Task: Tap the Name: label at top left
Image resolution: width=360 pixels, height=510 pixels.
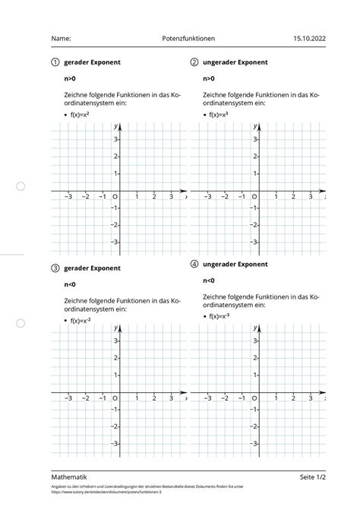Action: (62, 37)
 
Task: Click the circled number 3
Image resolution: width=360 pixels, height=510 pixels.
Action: (55, 268)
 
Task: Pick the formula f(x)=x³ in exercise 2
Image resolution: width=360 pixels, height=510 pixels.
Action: (219, 115)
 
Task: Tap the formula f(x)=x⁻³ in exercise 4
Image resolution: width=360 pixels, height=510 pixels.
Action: (220, 317)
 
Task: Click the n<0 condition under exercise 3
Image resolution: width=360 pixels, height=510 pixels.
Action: (70, 285)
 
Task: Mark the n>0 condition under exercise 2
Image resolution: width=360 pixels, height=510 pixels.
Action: (209, 79)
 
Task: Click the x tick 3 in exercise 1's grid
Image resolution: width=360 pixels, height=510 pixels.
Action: (172, 197)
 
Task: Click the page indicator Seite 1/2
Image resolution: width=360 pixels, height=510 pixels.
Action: (312, 477)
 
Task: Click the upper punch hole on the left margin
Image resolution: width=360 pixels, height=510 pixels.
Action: (21, 186)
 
